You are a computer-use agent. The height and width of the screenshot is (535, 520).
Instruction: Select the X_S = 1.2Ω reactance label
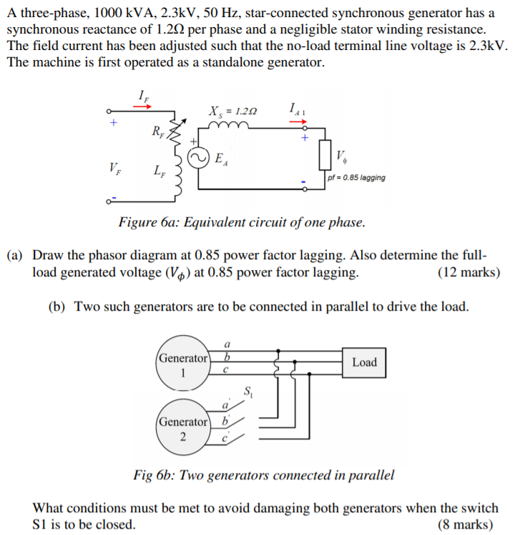233,112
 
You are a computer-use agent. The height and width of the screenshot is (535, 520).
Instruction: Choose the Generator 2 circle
183,429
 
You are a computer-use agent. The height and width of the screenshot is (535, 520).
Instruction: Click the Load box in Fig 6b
364,362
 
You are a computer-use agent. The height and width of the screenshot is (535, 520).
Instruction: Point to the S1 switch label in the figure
248,391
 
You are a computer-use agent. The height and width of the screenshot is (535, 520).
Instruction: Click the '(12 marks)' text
468,272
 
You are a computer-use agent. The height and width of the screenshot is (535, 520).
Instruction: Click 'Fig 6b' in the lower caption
153,475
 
